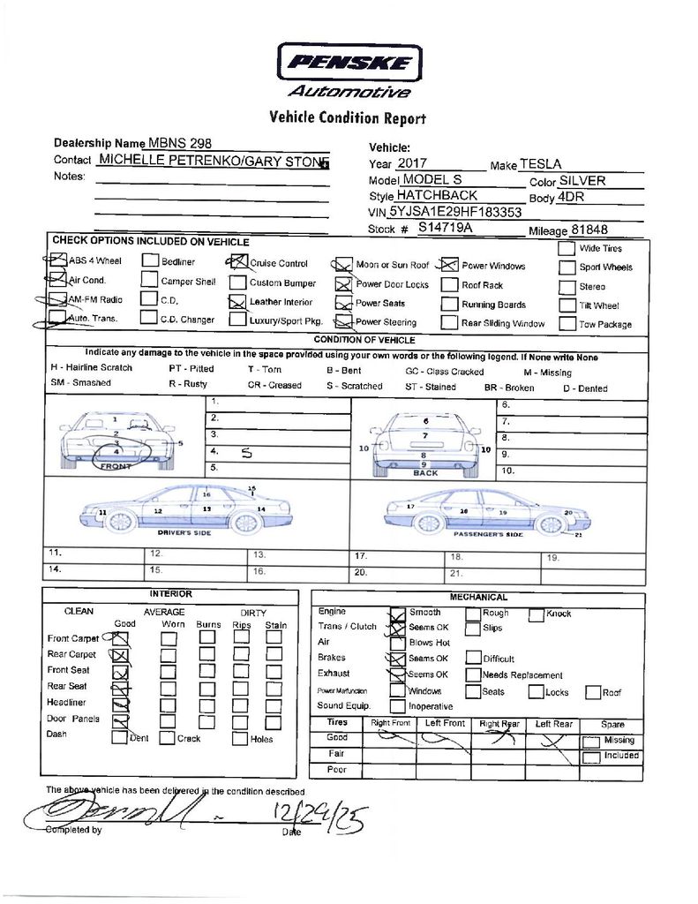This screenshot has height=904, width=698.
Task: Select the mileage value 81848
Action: pos(589,230)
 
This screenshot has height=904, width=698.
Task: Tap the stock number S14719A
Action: pos(446,228)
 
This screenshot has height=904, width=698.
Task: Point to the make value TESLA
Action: pos(540,164)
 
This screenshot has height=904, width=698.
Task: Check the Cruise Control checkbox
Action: pos(236,262)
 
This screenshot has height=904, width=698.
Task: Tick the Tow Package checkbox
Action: pos(567,323)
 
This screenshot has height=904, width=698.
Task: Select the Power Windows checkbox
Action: pos(448,265)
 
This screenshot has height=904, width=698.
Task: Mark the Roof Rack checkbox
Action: pos(448,285)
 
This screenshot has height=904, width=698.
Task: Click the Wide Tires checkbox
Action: pos(567,248)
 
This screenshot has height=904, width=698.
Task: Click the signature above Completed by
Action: pos(115,808)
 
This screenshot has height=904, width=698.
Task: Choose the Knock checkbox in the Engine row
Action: pos(537,614)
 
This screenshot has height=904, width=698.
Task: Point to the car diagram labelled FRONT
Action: pos(116,441)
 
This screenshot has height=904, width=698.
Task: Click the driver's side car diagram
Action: pos(185,509)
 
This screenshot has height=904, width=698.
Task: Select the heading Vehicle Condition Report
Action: pos(348,117)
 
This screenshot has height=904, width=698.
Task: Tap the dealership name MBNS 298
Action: pos(180,143)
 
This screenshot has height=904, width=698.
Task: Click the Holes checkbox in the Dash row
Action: pos(239,739)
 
